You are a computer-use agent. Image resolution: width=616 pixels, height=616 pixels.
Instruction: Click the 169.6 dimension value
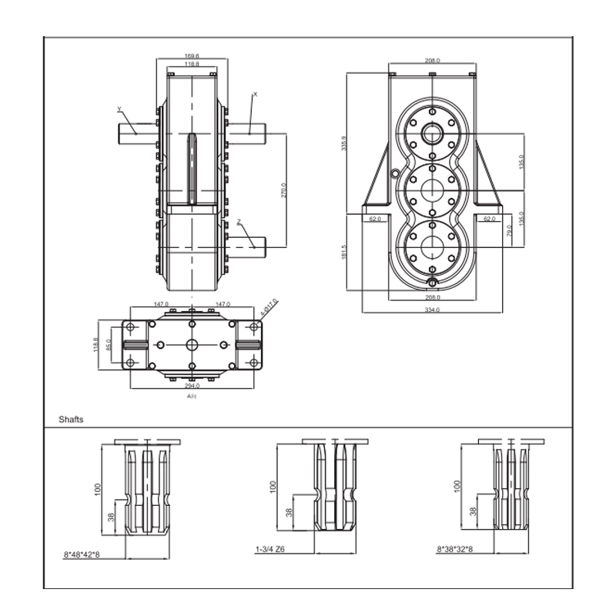(192, 56)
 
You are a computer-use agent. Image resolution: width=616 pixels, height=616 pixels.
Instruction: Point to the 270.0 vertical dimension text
(284, 190)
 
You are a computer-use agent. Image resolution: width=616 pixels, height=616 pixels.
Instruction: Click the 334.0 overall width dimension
(432, 310)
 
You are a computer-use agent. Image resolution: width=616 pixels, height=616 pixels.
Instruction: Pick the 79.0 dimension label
(509, 229)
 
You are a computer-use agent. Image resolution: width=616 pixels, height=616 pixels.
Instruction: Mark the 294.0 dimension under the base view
(192, 385)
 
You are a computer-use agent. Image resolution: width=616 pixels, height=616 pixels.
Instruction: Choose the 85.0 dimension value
(109, 344)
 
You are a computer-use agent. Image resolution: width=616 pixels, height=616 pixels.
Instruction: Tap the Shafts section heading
(72, 420)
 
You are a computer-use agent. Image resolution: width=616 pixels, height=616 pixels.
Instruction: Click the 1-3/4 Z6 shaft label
(270, 550)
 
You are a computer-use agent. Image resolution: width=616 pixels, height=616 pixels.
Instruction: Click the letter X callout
(255, 94)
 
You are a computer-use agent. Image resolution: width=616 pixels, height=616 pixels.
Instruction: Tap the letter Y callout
(119, 108)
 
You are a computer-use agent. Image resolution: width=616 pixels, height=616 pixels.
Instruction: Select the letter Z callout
(239, 222)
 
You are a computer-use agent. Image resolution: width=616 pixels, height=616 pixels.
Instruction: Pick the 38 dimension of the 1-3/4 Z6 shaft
(289, 512)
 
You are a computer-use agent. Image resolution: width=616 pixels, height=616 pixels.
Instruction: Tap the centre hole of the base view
(192, 344)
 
